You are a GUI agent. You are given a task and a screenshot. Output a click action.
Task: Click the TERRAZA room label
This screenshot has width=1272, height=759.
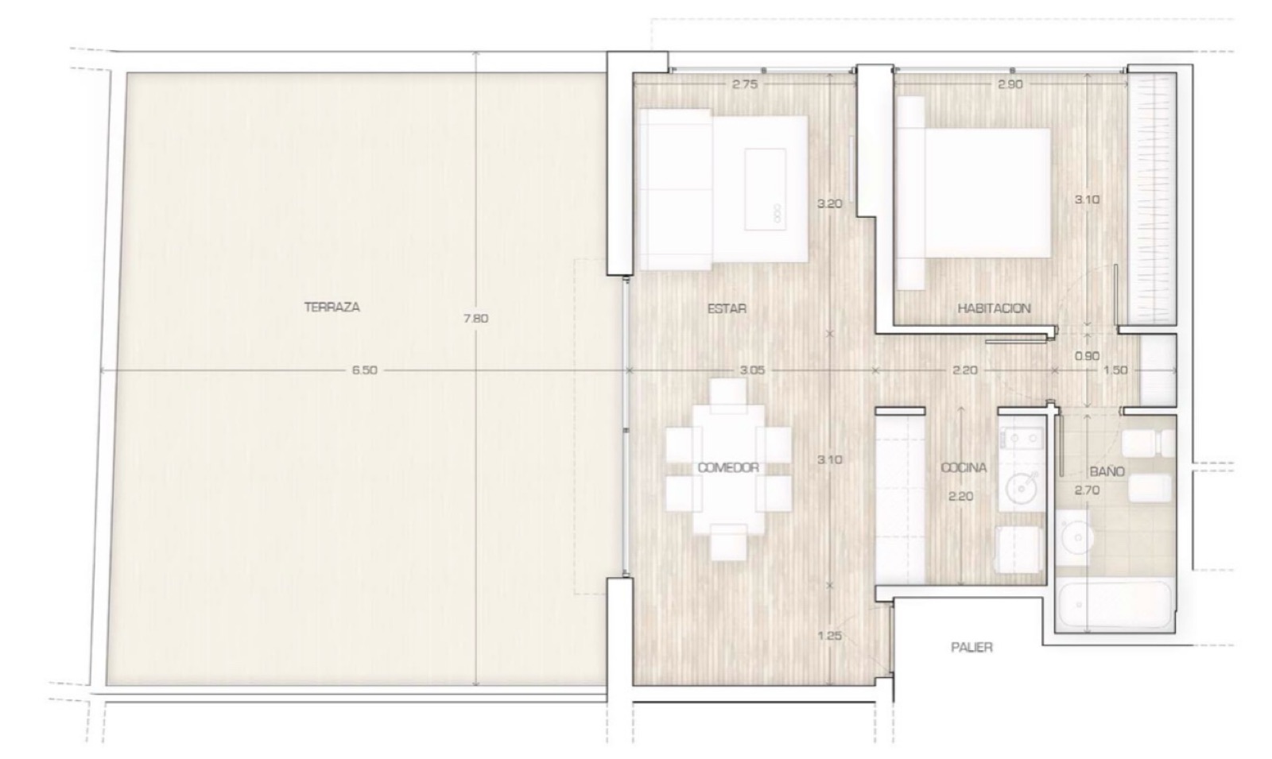pyautogui.click(x=332, y=307)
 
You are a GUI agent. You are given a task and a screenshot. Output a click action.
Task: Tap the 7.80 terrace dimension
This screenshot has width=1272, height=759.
pyautogui.click(x=476, y=319)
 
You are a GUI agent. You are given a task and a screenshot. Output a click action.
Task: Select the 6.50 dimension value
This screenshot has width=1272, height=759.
pyautogui.click(x=365, y=370)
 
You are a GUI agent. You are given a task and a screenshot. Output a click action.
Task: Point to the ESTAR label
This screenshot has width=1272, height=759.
pyautogui.click(x=727, y=308)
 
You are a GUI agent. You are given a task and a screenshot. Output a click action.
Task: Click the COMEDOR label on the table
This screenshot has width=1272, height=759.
pyautogui.click(x=728, y=468)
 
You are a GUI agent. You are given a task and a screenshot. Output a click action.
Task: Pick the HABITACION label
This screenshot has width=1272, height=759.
pyautogui.click(x=994, y=308)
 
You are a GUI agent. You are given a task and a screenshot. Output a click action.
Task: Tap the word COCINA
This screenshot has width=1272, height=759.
pyautogui.click(x=964, y=468)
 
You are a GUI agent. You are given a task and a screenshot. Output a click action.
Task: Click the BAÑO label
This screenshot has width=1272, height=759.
pyautogui.click(x=1107, y=471)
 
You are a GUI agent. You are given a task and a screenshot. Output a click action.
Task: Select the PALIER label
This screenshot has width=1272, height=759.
pyautogui.click(x=972, y=647)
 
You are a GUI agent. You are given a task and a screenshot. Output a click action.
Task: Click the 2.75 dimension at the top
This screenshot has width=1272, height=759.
pyautogui.click(x=744, y=84)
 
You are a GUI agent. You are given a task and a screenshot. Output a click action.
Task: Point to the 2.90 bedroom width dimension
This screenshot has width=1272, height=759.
pyautogui.click(x=1010, y=84)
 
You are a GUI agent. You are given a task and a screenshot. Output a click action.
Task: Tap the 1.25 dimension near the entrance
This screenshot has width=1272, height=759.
pyautogui.click(x=830, y=636)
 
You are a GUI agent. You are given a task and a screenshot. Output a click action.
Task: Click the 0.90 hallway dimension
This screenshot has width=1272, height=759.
pyautogui.click(x=1087, y=356)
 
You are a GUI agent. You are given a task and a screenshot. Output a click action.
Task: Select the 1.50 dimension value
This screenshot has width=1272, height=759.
pyautogui.click(x=1115, y=370)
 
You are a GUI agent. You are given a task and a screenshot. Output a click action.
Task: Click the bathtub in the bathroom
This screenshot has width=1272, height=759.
pyautogui.click(x=1114, y=604)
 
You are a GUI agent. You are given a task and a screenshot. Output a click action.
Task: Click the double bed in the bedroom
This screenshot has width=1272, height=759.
pyautogui.click(x=974, y=193)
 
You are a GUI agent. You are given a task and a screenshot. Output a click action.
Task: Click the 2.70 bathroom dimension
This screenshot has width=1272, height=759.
pyautogui.click(x=1087, y=490)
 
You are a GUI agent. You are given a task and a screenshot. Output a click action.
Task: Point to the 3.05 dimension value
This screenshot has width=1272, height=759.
pyautogui.click(x=752, y=370)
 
